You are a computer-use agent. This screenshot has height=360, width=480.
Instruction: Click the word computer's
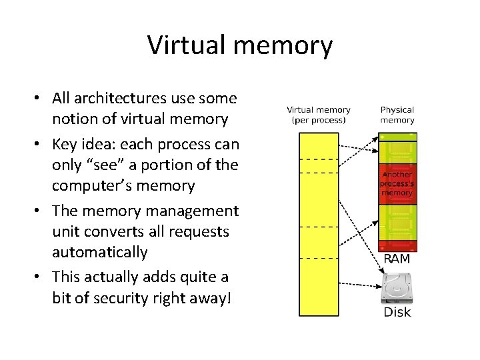tap(89, 185)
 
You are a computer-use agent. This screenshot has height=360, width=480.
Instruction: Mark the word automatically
tap(99, 252)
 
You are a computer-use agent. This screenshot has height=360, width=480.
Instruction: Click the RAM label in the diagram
tap(397, 258)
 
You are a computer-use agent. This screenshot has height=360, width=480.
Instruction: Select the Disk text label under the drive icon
tap(397, 312)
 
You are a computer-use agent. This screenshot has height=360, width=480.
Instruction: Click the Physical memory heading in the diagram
tap(397, 115)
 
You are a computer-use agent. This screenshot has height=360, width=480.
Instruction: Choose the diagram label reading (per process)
tap(319, 121)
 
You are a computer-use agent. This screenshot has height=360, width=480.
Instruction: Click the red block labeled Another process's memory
tap(397, 183)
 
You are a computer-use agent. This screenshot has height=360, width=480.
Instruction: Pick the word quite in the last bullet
tap(197, 277)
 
